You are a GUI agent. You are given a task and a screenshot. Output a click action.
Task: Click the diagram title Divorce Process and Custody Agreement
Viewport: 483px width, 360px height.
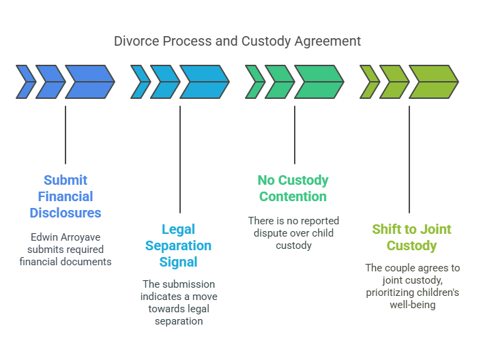click(237, 41)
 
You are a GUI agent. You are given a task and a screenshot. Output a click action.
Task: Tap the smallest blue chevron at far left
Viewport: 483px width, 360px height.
click(25, 82)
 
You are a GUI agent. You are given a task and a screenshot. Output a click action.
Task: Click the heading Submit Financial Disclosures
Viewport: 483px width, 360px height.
click(65, 196)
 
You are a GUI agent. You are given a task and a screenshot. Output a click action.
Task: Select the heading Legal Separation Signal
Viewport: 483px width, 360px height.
click(179, 245)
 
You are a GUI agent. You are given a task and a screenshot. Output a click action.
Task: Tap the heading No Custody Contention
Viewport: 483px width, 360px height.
click(293, 188)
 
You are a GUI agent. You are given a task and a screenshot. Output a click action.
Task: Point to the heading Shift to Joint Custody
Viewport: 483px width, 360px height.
click(411, 237)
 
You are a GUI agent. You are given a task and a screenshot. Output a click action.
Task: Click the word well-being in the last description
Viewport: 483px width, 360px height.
click(412, 305)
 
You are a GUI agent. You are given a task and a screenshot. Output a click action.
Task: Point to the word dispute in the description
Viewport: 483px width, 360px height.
click(276, 233)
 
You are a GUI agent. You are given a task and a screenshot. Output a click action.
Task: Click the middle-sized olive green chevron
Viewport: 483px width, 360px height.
click(393, 82)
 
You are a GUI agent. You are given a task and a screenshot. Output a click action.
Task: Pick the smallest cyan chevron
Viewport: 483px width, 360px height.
click(140, 82)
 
